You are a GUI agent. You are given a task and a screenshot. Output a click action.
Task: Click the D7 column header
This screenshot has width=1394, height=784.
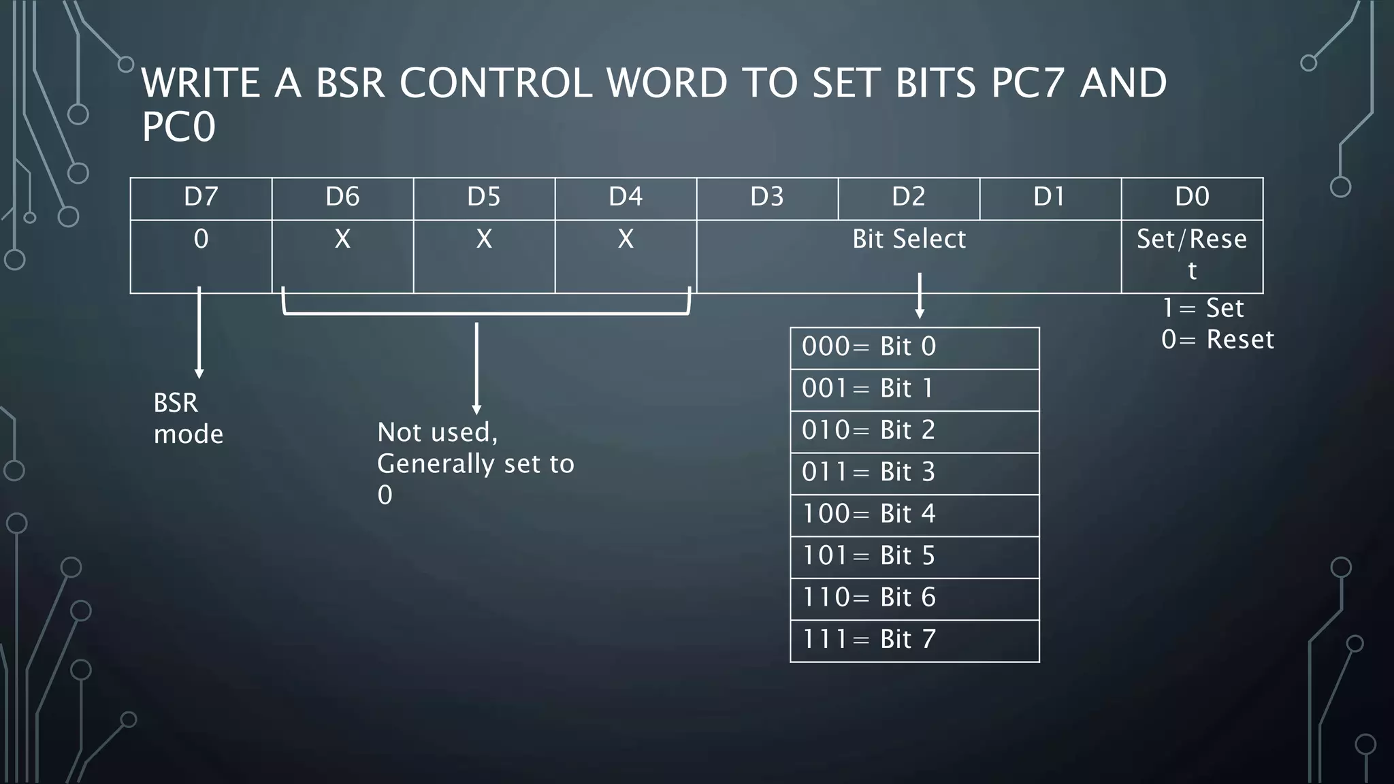[x=201, y=197]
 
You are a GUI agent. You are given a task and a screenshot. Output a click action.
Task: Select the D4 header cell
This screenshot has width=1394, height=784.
[x=626, y=197]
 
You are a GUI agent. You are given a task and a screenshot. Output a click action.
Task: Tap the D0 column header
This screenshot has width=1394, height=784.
[x=1192, y=197]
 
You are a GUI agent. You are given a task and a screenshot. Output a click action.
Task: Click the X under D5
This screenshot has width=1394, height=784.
[x=484, y=239]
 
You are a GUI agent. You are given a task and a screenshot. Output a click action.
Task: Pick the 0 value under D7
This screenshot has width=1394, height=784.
[x=201, y=239]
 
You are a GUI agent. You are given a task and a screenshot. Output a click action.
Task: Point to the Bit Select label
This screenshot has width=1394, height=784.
[x=909, y=239]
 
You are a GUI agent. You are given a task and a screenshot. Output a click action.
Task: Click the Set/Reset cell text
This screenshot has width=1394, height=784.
[x=1192, y=254]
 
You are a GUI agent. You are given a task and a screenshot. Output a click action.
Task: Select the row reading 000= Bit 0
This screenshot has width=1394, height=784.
[x=914, y=347]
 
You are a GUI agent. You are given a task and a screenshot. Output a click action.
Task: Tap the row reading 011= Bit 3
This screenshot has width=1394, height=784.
[x=914, y=472]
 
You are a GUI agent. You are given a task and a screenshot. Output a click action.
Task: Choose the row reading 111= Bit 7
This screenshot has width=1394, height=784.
[x=914, y=640]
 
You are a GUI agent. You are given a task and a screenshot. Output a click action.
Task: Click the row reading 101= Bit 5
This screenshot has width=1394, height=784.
[x=914, y=556]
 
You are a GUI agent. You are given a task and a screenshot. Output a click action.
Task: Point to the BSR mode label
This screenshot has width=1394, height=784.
[x=188, y=419]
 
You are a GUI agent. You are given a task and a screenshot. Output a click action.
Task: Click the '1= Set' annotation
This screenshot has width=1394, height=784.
[x=1203, y=308]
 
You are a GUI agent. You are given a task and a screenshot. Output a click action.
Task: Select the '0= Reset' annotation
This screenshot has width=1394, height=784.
[x=1217, y=340]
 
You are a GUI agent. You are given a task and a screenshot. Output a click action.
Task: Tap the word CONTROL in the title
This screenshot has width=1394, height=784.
[x=495, y=83]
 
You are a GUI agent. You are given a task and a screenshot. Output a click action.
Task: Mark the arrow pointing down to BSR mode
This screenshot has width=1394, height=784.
[x=199, y=333]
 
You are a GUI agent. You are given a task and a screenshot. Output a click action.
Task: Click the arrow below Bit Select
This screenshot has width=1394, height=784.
[x=920, y=296]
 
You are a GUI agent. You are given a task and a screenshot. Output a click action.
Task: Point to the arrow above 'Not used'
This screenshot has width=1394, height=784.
[x=476, y=367]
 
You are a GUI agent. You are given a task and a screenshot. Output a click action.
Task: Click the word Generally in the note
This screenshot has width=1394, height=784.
[x=436, y=464]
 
